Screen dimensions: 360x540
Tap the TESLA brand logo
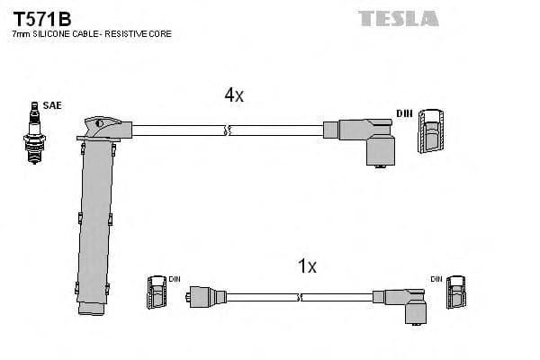coord(398,18)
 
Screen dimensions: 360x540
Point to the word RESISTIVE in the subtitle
coord(124,34)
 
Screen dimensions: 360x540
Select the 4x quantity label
coord(233,95)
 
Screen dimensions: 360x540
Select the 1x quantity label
coord(307,265)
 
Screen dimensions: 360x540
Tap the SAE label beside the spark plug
coord(52,106)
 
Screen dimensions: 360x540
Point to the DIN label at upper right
coord(406,113)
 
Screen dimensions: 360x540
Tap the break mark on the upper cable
coord(229,130)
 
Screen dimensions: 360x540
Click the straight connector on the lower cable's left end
coord(204,295)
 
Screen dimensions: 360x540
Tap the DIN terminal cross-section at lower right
coord(459,293)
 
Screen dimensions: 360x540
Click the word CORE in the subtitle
coord(159,34)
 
